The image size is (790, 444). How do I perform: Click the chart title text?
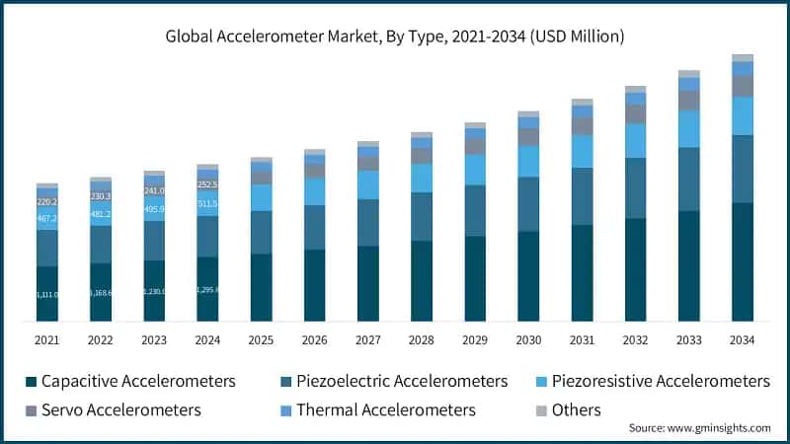click(394, 37)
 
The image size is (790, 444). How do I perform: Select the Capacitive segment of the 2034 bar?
click(742, 261)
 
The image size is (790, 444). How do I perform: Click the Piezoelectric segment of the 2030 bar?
click(528, 204)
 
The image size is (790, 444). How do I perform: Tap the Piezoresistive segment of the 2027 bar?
click(368, 185)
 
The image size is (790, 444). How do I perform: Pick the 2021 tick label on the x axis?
click(47, 340)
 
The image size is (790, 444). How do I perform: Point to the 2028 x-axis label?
click(422, 340)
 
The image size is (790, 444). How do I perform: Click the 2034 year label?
click(742, 340)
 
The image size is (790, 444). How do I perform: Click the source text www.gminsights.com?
click(699, 428)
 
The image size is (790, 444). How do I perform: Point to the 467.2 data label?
click(47, 219)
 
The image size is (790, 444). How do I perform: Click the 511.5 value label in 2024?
click(208, 204)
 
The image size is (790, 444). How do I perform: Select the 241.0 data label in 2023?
click(155, 190)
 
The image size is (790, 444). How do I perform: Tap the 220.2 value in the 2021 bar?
click(47, 202)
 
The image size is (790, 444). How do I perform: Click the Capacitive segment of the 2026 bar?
click(315, 285)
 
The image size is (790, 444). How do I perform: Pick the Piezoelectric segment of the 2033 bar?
click(688, 179)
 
